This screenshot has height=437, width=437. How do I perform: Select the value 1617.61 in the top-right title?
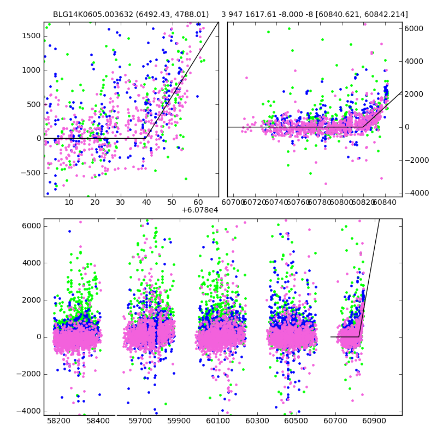(x=265, y=15)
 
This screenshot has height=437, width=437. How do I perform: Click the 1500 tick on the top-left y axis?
(x=32, y=36)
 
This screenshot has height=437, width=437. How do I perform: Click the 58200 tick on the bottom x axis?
(x=59, y=422)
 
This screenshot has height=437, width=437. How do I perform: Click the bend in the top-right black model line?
(x=363, y=127)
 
